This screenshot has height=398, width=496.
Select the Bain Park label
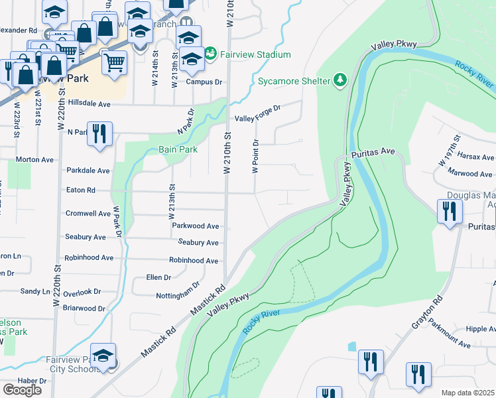(x=178, y=150)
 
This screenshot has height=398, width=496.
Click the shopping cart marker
(x=115, y=62)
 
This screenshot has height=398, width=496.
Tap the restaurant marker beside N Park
(x=99, y=133)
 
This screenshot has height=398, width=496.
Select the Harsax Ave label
(x=475, y=158)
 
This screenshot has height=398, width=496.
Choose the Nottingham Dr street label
(x=178, y=291)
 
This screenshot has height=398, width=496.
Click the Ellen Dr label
(x=158, y=277)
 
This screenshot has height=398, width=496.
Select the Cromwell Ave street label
(x=88, y=214)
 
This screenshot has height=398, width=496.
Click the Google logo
(x=22, y=389)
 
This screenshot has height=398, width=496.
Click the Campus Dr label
(x=203, y=82)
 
